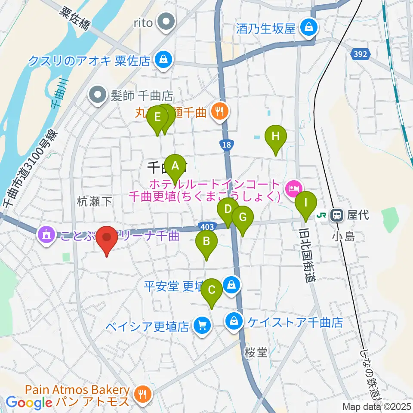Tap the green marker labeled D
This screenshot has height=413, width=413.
[228, 211]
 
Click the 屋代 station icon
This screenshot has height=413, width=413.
[336, 215]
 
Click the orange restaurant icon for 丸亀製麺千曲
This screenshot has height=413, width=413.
[220, 112]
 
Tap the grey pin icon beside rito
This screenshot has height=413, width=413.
[165, 22]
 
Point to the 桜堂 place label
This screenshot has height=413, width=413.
[256, 353]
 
